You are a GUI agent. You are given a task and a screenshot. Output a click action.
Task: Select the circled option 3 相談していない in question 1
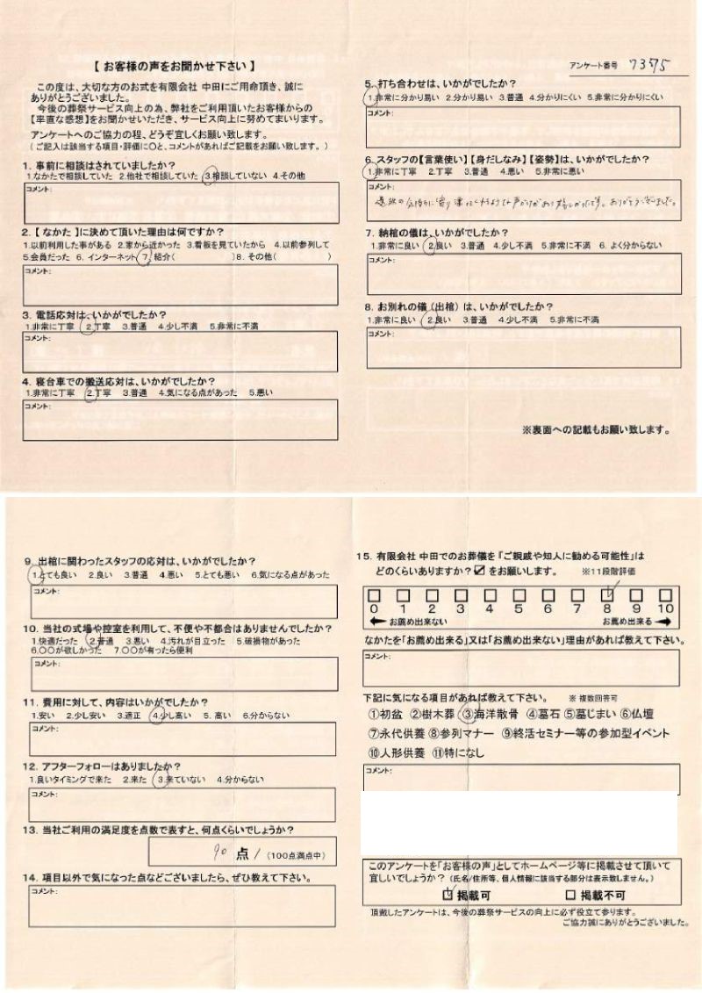coord(233,176)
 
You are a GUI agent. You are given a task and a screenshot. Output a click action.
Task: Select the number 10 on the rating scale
coord(665,608)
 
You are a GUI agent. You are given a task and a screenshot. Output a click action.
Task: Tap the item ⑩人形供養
coord(397,752)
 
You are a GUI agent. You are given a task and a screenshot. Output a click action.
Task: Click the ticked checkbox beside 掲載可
coord(448,896)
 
